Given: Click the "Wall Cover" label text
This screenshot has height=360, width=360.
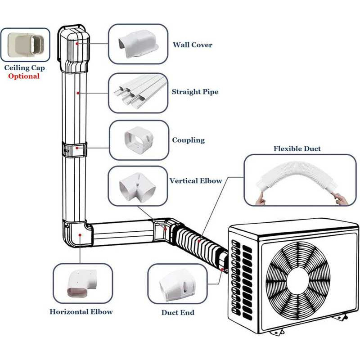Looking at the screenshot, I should point(192,45).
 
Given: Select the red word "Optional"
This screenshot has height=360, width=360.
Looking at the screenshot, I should point(23,76).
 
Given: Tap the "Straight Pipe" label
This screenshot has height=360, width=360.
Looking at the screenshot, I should point(195,92).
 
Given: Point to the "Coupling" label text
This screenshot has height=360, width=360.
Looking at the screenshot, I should point(188,140).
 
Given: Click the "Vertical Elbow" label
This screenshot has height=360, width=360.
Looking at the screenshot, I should point(196,181).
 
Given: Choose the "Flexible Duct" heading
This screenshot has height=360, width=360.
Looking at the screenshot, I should point(297,148).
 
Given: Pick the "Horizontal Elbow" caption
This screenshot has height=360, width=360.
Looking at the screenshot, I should point(81,311).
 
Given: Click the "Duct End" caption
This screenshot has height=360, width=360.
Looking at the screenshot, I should point(178,312).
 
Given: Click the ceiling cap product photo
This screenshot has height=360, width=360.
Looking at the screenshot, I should point(25,45).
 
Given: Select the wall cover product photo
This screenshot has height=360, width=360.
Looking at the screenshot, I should point(138,44).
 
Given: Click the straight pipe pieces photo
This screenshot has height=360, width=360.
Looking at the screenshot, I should point(138,93).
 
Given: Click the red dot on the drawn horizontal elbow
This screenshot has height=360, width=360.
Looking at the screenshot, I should point(80,234).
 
